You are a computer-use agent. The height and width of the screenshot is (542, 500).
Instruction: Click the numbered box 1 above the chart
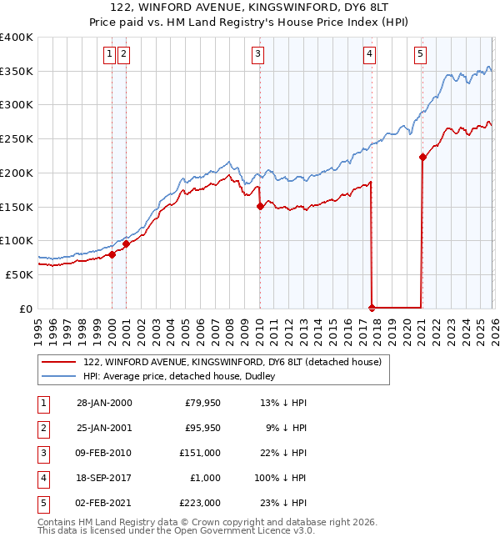click(109, 54)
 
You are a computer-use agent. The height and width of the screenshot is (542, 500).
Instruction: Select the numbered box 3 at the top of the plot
click(257, 54)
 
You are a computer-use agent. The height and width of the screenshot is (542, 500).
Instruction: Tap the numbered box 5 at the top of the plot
click(420, 54)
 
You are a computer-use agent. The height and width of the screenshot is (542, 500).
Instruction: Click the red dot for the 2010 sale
click(260, 206)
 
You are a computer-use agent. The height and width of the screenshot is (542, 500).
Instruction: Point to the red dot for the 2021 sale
click(422, 157)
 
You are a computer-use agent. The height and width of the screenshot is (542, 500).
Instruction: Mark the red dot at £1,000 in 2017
click(372, 308)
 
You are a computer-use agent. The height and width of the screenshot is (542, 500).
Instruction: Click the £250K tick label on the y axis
click(17, 139)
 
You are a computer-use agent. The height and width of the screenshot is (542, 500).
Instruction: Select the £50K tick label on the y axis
click(19, 274)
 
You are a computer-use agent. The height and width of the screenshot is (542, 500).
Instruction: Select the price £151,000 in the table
click(201, 453)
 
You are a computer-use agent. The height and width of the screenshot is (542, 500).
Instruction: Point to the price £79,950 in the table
click(202, 403)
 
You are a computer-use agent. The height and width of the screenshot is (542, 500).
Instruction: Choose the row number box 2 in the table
click(41, 428)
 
